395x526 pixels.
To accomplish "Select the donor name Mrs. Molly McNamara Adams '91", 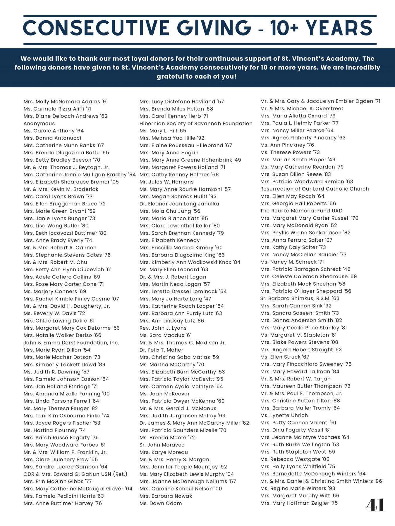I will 66,102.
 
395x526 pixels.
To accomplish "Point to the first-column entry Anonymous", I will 39,124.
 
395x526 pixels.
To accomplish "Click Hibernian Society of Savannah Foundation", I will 196,124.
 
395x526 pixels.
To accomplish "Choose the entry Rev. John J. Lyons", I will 163,328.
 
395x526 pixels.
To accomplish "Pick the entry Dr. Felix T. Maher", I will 161,350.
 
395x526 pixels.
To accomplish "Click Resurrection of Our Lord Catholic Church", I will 315,189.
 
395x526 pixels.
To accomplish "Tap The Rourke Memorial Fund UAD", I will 301,211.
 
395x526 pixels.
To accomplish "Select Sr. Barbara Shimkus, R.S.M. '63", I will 300,298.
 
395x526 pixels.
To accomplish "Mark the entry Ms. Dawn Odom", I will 161,503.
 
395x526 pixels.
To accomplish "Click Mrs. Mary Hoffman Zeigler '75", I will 299,503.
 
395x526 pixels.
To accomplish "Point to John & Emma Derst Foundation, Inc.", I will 71,343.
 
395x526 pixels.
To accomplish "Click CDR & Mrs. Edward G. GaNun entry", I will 75,474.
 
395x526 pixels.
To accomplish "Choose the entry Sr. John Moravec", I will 162,445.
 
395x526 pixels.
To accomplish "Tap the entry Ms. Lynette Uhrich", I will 284,416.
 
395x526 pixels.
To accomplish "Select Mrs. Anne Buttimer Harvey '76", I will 63,503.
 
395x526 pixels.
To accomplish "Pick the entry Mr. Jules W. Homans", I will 166,182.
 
